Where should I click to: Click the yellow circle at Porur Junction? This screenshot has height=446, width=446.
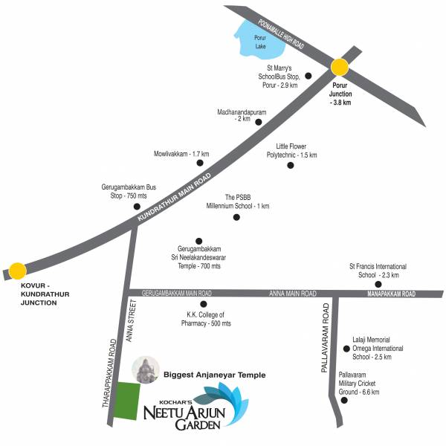[340, 68]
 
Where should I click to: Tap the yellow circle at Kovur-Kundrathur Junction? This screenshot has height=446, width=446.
[16, 271]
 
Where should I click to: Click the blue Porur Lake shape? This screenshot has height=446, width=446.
[258, 41]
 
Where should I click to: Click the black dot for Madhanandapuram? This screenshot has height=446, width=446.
[258, 122]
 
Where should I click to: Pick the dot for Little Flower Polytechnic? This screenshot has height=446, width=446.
[291, 166]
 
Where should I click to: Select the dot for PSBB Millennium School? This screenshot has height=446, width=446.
[236, 217]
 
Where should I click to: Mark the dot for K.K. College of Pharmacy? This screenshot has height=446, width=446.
[203, 304]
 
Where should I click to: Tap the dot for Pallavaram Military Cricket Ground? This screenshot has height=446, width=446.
[343, 400]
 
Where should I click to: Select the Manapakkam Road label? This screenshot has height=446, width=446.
[392, 294]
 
